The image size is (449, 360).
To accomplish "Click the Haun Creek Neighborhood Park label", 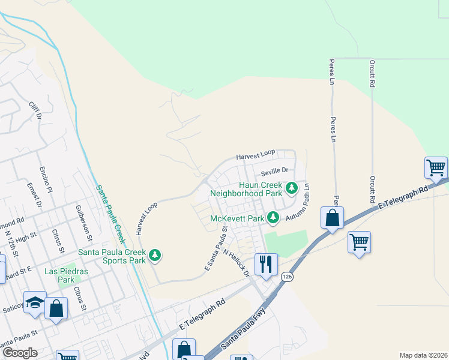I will tap(261, 189).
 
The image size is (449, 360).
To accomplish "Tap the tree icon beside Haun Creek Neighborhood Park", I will tap(292, 188).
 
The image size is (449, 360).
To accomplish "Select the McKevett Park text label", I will tap(237, 218).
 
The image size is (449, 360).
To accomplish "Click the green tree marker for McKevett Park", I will tap(274, 217).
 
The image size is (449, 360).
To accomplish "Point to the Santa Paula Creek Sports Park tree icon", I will tap(155, 256).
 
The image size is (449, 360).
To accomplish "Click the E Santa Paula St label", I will tap(216, 248).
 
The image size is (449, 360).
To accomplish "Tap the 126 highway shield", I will tap(286, 277).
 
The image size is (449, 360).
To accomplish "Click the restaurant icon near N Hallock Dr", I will tap(265, 263).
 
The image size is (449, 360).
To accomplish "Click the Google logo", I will tap(19, 353).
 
